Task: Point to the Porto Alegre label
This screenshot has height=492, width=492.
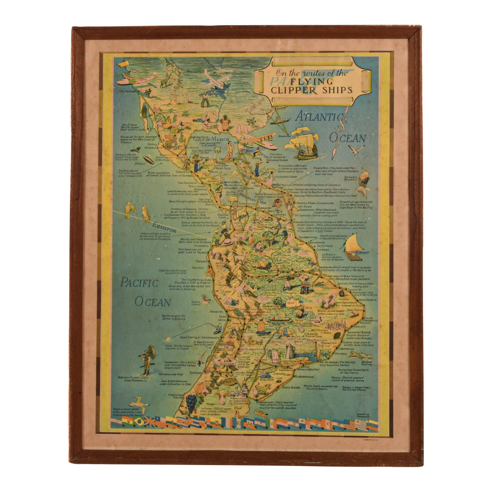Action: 293,387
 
